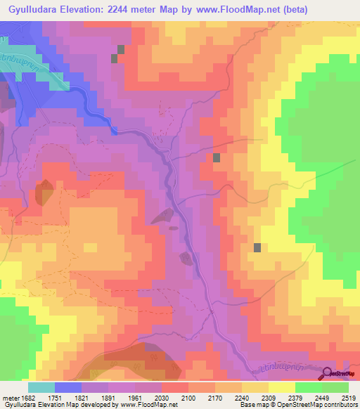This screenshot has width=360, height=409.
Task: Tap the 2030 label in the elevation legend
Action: point(162,398)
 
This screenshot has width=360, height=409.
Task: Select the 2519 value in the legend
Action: point(349,398)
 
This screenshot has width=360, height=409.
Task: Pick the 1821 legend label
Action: point(83,398)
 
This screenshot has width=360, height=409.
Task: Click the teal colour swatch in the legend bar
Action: point(41,387)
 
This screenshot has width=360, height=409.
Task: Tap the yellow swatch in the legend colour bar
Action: point(281,387)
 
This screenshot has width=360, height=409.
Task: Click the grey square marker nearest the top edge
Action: point(121,49)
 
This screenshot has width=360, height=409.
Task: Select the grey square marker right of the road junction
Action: point(217,158)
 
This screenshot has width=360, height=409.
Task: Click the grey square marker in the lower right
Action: point(257,247)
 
